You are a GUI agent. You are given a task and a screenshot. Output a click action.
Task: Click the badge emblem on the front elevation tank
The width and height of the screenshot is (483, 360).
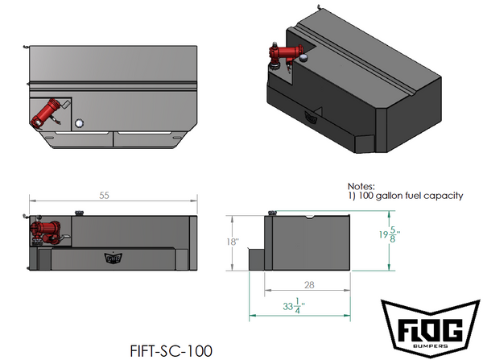click(112, 259)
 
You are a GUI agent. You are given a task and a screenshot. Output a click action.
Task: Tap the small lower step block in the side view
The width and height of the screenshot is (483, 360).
click(256, 260)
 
